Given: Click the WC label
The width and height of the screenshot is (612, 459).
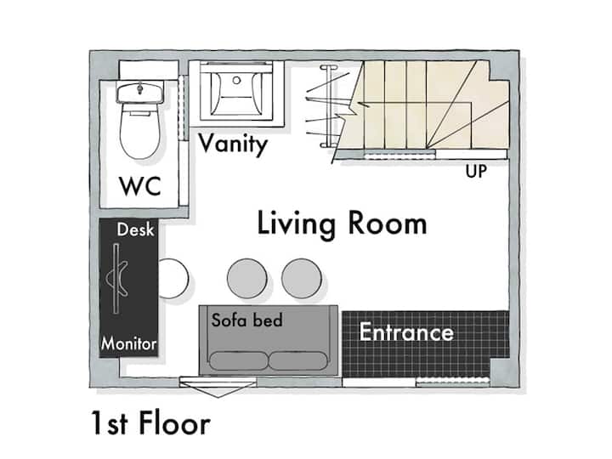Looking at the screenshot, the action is click(140, 186).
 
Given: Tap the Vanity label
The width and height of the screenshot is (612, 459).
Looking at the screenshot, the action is click(233, 144).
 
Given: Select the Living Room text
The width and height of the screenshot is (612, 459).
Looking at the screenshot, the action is click(342, 224).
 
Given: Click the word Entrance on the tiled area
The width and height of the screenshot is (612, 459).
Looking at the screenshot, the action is click(406, 331).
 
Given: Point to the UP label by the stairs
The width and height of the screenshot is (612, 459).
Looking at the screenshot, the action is click(476, 172).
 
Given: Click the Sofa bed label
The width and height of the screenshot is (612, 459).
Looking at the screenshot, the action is click(247, 320).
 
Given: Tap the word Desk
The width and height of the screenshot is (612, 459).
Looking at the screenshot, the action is click(135, 229).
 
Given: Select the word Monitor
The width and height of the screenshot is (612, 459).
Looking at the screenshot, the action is click(129, 344).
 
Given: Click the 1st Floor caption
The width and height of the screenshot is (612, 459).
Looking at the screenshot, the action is click(150, 423).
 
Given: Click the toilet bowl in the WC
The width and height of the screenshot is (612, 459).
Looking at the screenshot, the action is click(139, 131).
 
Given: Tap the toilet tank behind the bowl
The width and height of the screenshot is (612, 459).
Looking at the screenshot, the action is click(139, 93).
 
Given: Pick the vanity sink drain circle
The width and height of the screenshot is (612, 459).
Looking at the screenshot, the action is click(236, 81).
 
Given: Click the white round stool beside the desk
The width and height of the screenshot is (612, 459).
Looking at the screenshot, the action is click(173, 278).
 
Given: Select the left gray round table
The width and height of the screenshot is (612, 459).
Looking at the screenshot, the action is click(247, 278).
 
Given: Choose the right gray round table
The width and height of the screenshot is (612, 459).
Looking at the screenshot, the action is click(302, 278).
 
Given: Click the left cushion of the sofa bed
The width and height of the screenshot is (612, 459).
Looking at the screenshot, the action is click(239, 361).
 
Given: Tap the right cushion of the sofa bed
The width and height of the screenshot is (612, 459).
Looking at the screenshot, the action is click(297, 361).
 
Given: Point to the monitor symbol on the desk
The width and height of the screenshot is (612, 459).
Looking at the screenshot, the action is click(116, 278).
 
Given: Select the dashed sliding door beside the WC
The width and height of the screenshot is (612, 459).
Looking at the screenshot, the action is click(183, 107).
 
